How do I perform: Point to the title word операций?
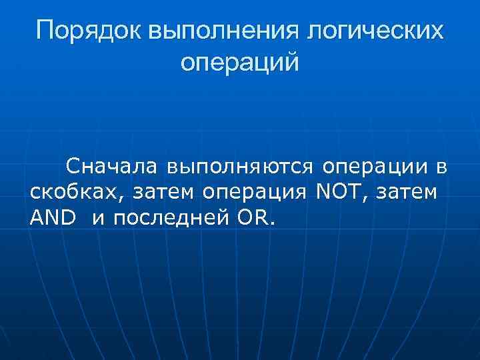(240, 63)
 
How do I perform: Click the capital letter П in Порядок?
(45, 31)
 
